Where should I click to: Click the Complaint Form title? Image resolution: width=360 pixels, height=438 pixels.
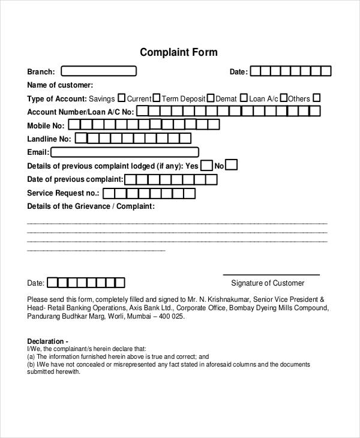[179, 52]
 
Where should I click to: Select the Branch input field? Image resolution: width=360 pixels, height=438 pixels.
[98, 71]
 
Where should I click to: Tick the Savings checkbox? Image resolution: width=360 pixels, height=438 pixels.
[121, 98]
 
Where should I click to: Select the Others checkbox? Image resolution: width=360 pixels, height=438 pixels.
[317, 98]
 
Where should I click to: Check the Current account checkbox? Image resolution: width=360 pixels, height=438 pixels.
[156, 98]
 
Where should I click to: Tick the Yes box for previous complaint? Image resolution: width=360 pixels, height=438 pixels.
[206, 165]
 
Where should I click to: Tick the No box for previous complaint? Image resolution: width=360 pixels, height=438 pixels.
[231, 165]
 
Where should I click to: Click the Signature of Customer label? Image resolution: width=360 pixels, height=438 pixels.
[268, 283]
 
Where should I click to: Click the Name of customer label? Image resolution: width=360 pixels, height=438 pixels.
[60, 85]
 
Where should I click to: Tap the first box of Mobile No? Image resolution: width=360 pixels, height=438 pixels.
[74, 125]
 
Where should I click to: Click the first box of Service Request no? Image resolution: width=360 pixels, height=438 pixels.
[109, 193]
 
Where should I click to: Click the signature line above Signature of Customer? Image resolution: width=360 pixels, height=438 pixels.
[268, 273]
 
